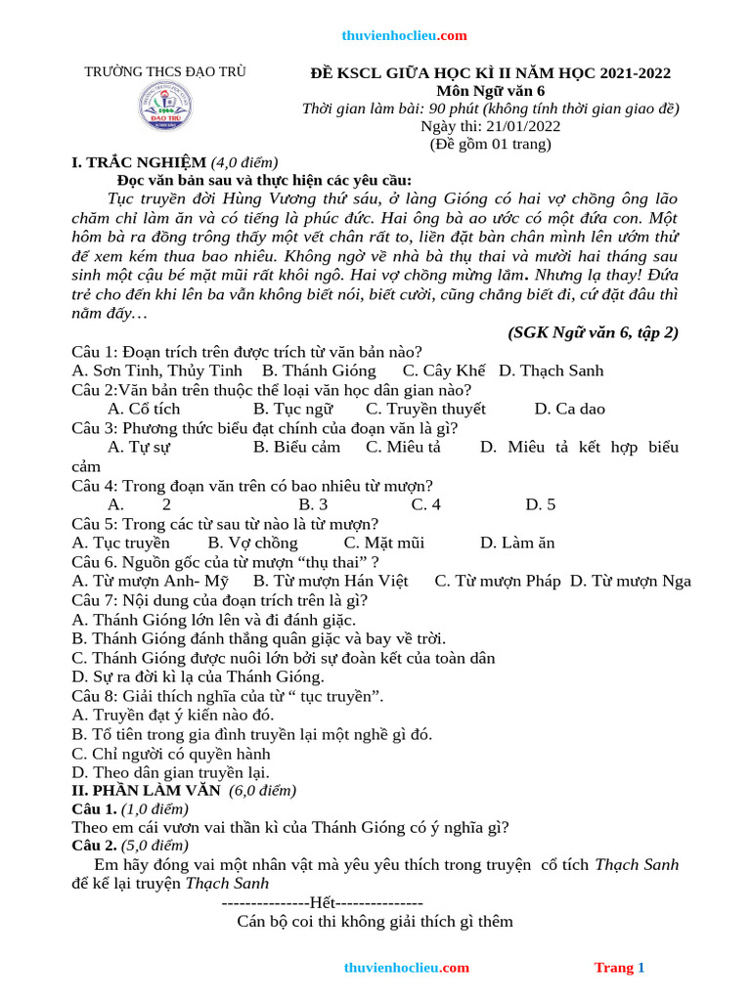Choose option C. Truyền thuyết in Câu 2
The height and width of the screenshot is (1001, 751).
point(425,409)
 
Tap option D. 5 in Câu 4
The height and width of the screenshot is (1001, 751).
point(540,504)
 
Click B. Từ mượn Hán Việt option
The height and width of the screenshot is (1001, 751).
point(331,581)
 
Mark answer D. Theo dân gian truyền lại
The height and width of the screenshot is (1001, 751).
point(171,772)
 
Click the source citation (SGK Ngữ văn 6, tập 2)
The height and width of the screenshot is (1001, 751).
point(593,332)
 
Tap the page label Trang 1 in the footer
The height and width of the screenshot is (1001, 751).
point(619,968)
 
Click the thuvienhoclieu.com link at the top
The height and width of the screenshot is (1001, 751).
point(404,36)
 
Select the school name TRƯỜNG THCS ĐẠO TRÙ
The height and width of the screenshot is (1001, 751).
point(165,72)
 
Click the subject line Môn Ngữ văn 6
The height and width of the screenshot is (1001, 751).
point(490,91)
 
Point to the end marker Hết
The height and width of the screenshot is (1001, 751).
point(323,903)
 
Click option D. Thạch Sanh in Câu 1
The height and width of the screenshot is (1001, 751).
point(551,370)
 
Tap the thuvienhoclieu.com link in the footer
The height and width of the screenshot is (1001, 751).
point(406,968)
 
